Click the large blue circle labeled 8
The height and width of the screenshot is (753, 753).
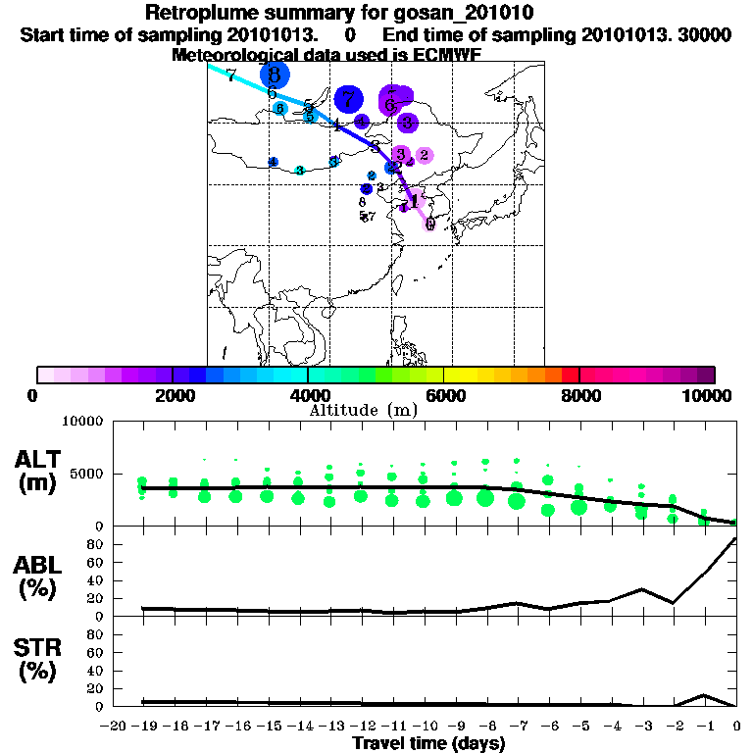[275, 75]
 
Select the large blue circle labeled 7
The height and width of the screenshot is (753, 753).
[348, 98]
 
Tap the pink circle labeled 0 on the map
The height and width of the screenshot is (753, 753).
[429, 224]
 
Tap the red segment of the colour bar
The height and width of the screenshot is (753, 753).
[570, 375]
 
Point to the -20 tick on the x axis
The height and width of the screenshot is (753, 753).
[114, 725]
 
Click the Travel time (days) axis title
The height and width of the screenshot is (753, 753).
[428, 743]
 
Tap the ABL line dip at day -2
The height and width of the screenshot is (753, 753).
[673, 602]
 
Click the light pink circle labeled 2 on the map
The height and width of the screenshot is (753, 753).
[424, 155]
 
